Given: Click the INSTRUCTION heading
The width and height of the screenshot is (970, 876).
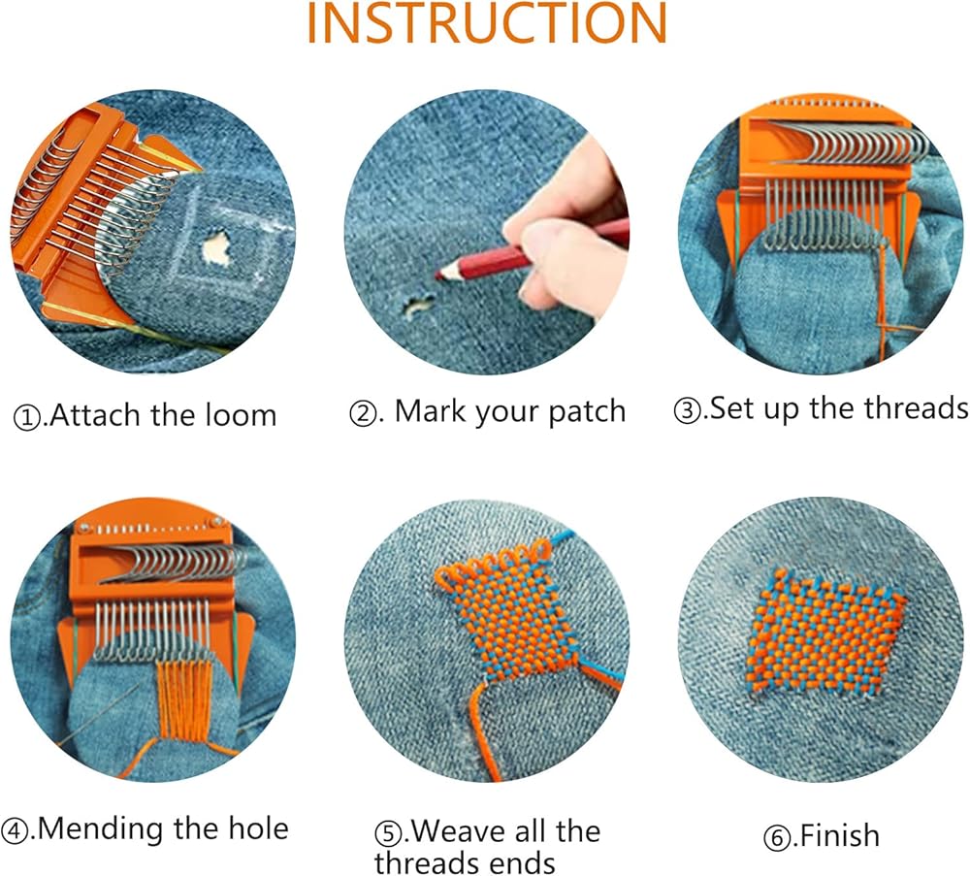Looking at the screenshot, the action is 487,22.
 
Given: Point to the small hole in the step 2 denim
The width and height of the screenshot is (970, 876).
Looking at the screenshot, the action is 418,305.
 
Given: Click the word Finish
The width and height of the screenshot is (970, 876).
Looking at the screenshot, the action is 839,836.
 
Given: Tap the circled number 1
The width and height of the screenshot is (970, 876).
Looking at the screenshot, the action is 26,417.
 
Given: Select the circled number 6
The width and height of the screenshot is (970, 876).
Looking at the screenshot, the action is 776,838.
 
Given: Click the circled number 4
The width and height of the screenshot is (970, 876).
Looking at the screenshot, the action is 15,830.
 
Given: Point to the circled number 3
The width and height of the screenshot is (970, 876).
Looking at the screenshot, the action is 686,410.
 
